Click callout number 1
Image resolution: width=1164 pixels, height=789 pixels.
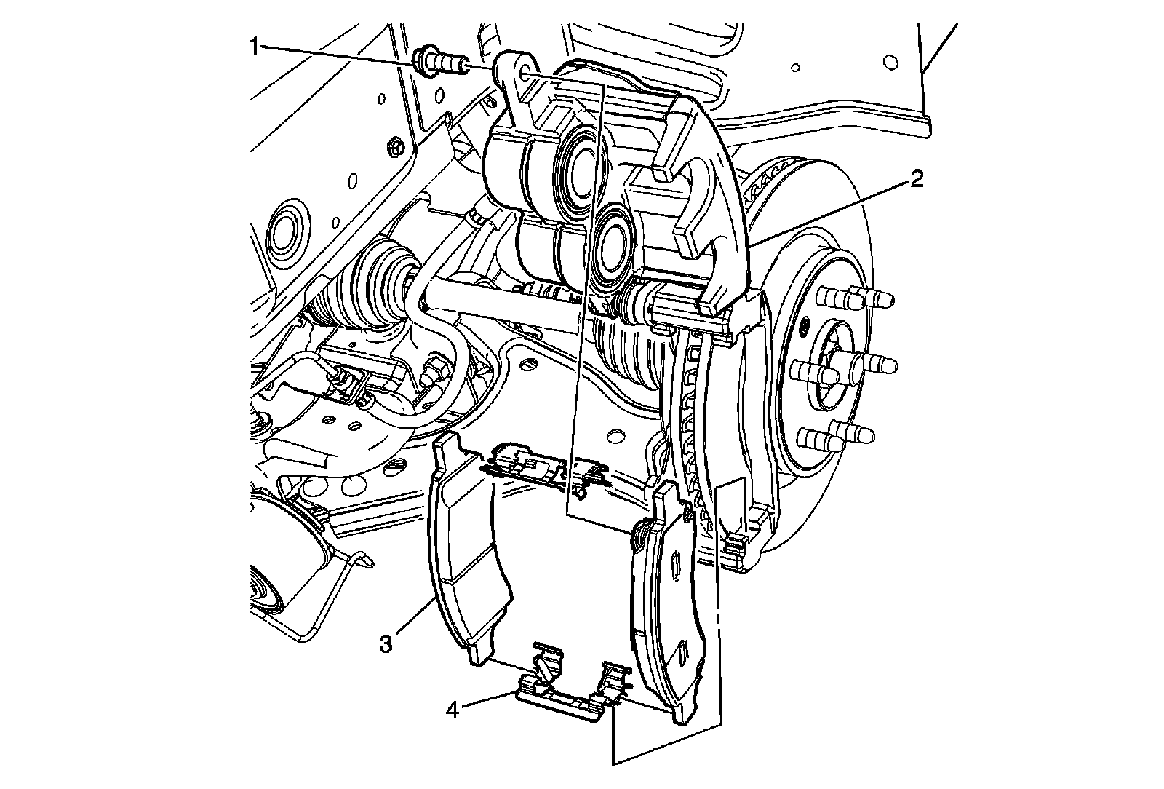[x=254, y=47]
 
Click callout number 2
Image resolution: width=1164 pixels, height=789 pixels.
[x=916, y=180]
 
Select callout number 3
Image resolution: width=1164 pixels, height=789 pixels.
[x=385, y=644]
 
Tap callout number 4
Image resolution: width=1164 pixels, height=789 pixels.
[x=453, y=710]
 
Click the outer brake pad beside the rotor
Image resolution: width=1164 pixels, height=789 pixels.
[x=669, y=603]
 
